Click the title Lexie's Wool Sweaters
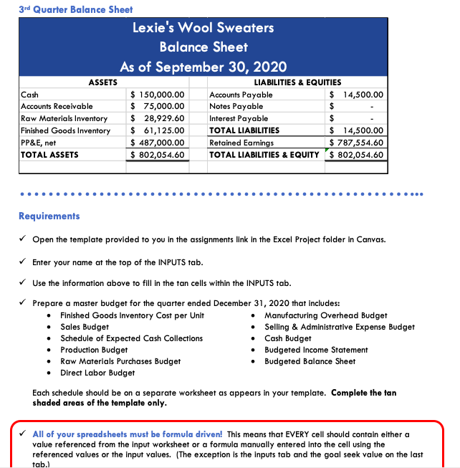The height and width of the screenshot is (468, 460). click(203, 28)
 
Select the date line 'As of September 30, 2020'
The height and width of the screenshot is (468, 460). click(203, 67)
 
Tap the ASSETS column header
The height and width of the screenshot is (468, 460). click(102, 83)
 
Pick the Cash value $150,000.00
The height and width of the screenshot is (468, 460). click(156, 95)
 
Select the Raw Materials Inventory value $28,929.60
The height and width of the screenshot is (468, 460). click(156, 118)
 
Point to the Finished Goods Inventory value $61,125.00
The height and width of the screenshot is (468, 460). click(156, 130)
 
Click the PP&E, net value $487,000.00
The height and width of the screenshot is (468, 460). click(156, 143)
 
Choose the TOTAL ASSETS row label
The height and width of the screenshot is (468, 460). click(49, 154)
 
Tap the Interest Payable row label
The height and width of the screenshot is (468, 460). click(239, 118)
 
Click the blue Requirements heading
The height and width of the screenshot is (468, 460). click(49, 216)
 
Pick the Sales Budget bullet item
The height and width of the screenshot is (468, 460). click(85, 327)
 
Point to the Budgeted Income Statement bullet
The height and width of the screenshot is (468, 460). click(316, 350)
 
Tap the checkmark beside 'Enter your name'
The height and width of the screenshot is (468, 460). click(24, 262)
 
